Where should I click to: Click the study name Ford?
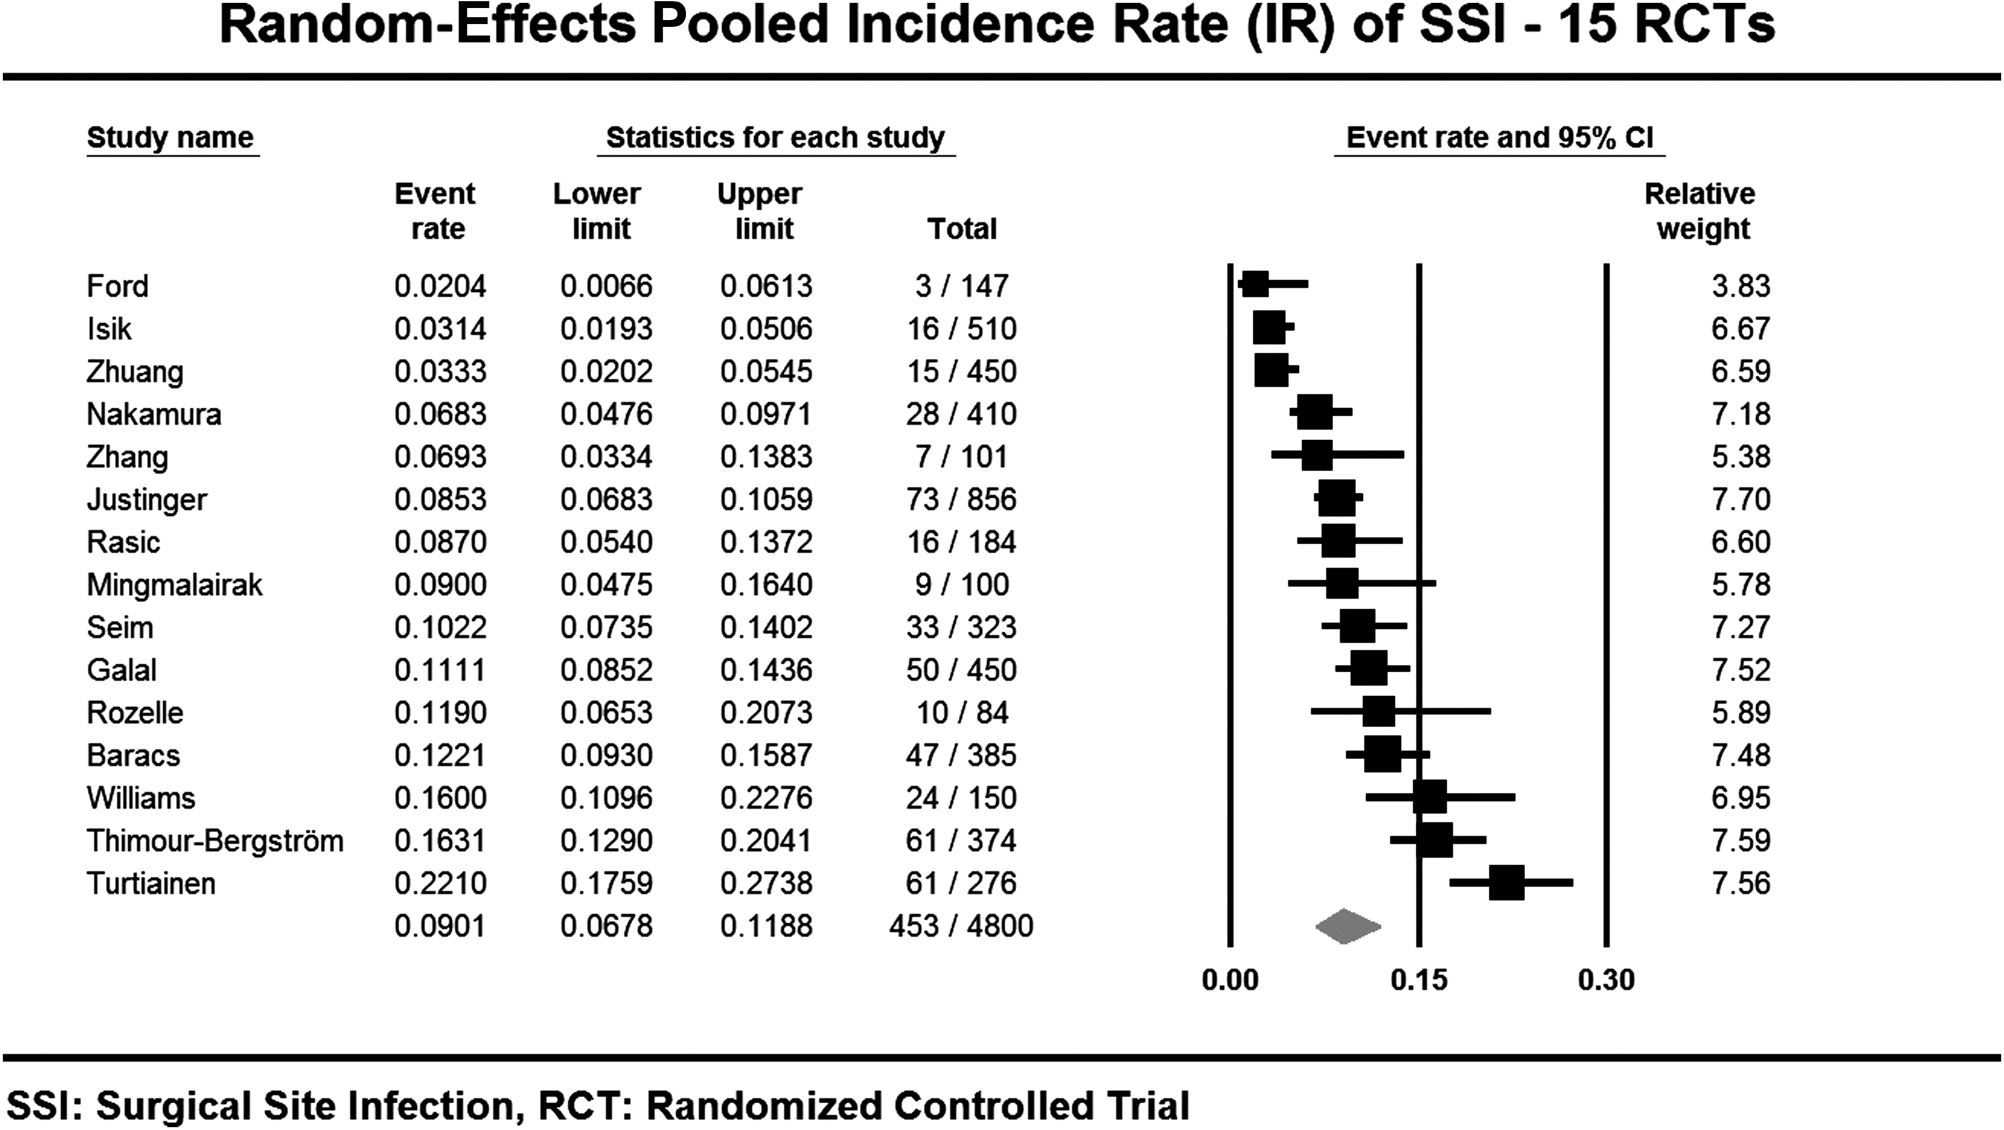(x=117, y=286)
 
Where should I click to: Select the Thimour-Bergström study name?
(x=215, y=841)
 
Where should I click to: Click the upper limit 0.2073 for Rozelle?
(x=766, y=713)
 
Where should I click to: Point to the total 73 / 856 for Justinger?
(x=961, y=499)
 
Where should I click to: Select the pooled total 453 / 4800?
(x=961, y=926)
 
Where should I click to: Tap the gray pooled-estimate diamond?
(x=1348, y=926)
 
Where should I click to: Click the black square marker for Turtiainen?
(x=1507, y=883)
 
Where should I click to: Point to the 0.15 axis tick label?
(x=1419, y=980)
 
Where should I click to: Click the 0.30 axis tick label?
(x=1607, y=980)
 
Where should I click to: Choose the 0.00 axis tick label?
(x=1230, y=980)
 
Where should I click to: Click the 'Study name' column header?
(x=171, y=138)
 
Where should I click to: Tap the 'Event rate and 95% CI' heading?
(x=1500, y=138)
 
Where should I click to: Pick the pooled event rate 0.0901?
(x=440, y=926)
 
